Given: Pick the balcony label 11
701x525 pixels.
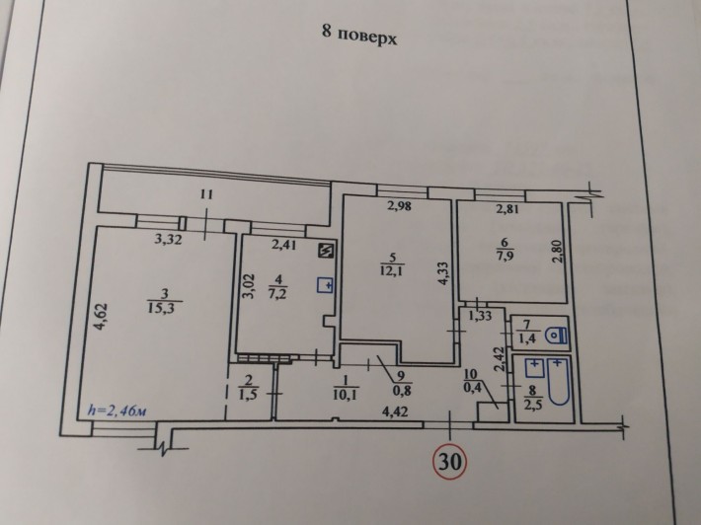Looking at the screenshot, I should tap(204, 195).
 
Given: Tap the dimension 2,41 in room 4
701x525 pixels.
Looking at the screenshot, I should tap(283, 246).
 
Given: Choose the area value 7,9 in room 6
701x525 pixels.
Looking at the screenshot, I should tap(506, 261).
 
